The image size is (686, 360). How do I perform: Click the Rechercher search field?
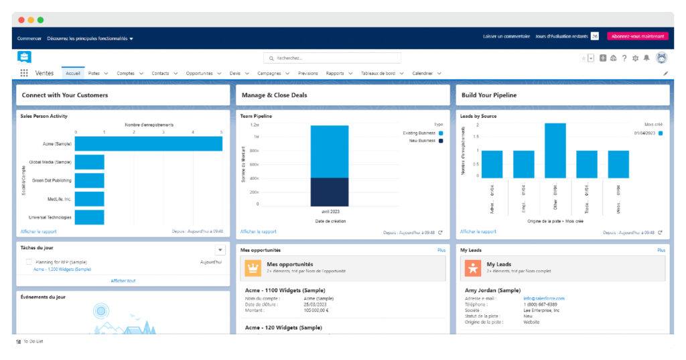point(332,58)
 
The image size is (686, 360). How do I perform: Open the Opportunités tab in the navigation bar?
point(199,73)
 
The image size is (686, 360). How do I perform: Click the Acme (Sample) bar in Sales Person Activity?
point(148,143)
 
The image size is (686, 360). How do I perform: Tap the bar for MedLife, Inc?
point(89,199)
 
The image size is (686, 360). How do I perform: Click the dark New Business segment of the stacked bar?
point(329,192)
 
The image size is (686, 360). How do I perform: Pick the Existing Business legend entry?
point(419,133)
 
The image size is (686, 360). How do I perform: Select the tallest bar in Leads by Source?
point(555,150)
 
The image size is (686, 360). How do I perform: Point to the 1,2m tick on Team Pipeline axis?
point(255,125)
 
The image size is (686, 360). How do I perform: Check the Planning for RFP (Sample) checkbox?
point(29,262)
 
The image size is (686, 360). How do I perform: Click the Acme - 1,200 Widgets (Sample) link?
point(62,269)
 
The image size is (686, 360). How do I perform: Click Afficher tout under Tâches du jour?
point(123,281)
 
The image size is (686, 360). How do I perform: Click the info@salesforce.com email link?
point(544,298)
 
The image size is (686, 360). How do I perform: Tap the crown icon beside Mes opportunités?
point(253,267)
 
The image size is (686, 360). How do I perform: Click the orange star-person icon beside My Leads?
point(473,267)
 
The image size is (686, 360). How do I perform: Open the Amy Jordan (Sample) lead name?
point(492,290)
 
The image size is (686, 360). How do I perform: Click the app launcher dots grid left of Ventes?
point(24,73)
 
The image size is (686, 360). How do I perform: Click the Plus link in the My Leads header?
point(661,250)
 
